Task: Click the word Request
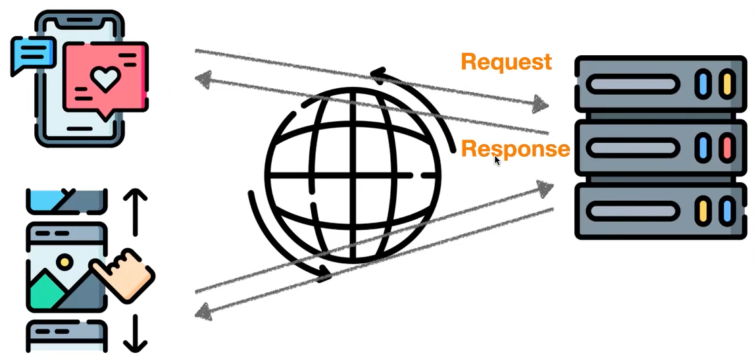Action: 506,62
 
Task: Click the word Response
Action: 515,149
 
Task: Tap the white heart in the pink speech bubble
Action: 103,79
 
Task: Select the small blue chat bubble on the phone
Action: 34,53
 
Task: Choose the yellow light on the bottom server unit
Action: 703,211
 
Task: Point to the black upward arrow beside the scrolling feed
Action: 136,211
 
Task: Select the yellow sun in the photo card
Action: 64,262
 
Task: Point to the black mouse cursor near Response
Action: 497,160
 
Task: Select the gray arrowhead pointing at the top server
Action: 541,103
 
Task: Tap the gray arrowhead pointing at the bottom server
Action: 545,188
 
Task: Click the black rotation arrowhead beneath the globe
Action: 322,272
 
